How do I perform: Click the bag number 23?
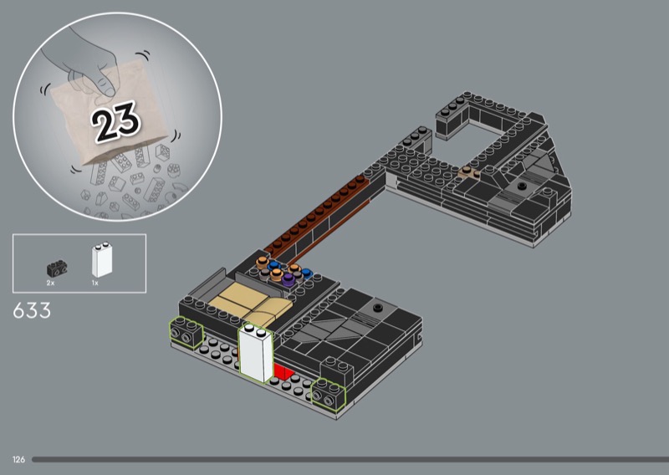[115, 121]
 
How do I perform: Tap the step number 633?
[32, 311]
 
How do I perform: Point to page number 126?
[18, 459]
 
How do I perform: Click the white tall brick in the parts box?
[102, 260]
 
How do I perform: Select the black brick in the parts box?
[57, 268]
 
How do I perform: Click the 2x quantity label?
[50, 283]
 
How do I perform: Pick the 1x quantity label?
[94, 283]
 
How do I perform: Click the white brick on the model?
[256, 354]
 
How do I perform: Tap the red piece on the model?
[283, 371]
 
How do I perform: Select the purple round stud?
[289, 279]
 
